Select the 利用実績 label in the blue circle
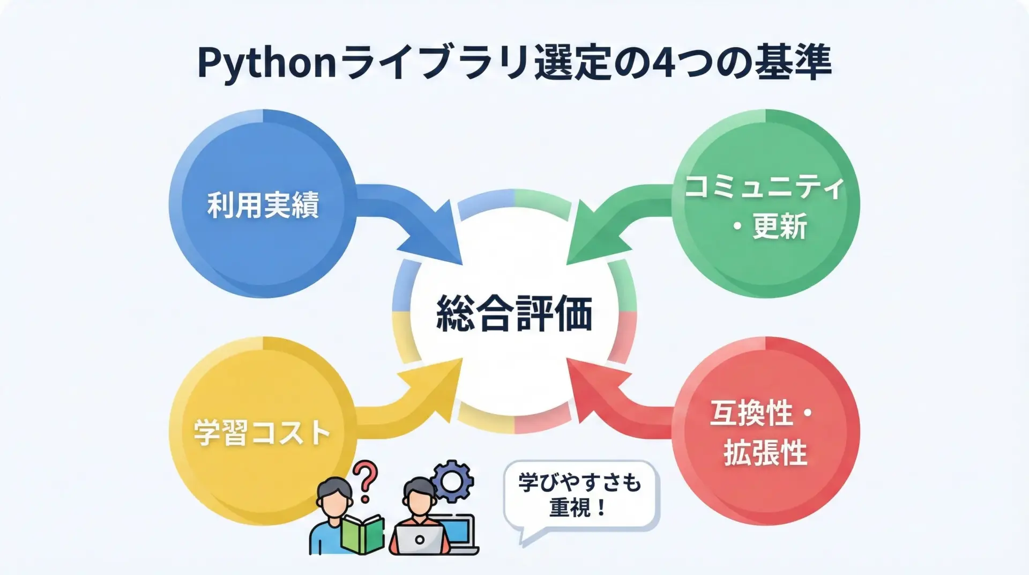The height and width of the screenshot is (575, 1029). coord(263,205)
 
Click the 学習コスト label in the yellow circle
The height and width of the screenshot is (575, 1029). coord(262,432)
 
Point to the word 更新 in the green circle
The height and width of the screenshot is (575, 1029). coord(780,226)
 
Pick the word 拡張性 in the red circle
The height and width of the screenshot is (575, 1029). coord(765,453)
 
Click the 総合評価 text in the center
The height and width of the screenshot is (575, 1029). coord(514,313)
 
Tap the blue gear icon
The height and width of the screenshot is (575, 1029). coord(452,481)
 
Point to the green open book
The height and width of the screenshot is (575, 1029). coord(363,534)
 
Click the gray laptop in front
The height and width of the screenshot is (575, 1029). coord(420,539)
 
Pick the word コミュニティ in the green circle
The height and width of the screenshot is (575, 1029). coord(765,187)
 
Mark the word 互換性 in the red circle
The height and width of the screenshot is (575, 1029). coord(751,414)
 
